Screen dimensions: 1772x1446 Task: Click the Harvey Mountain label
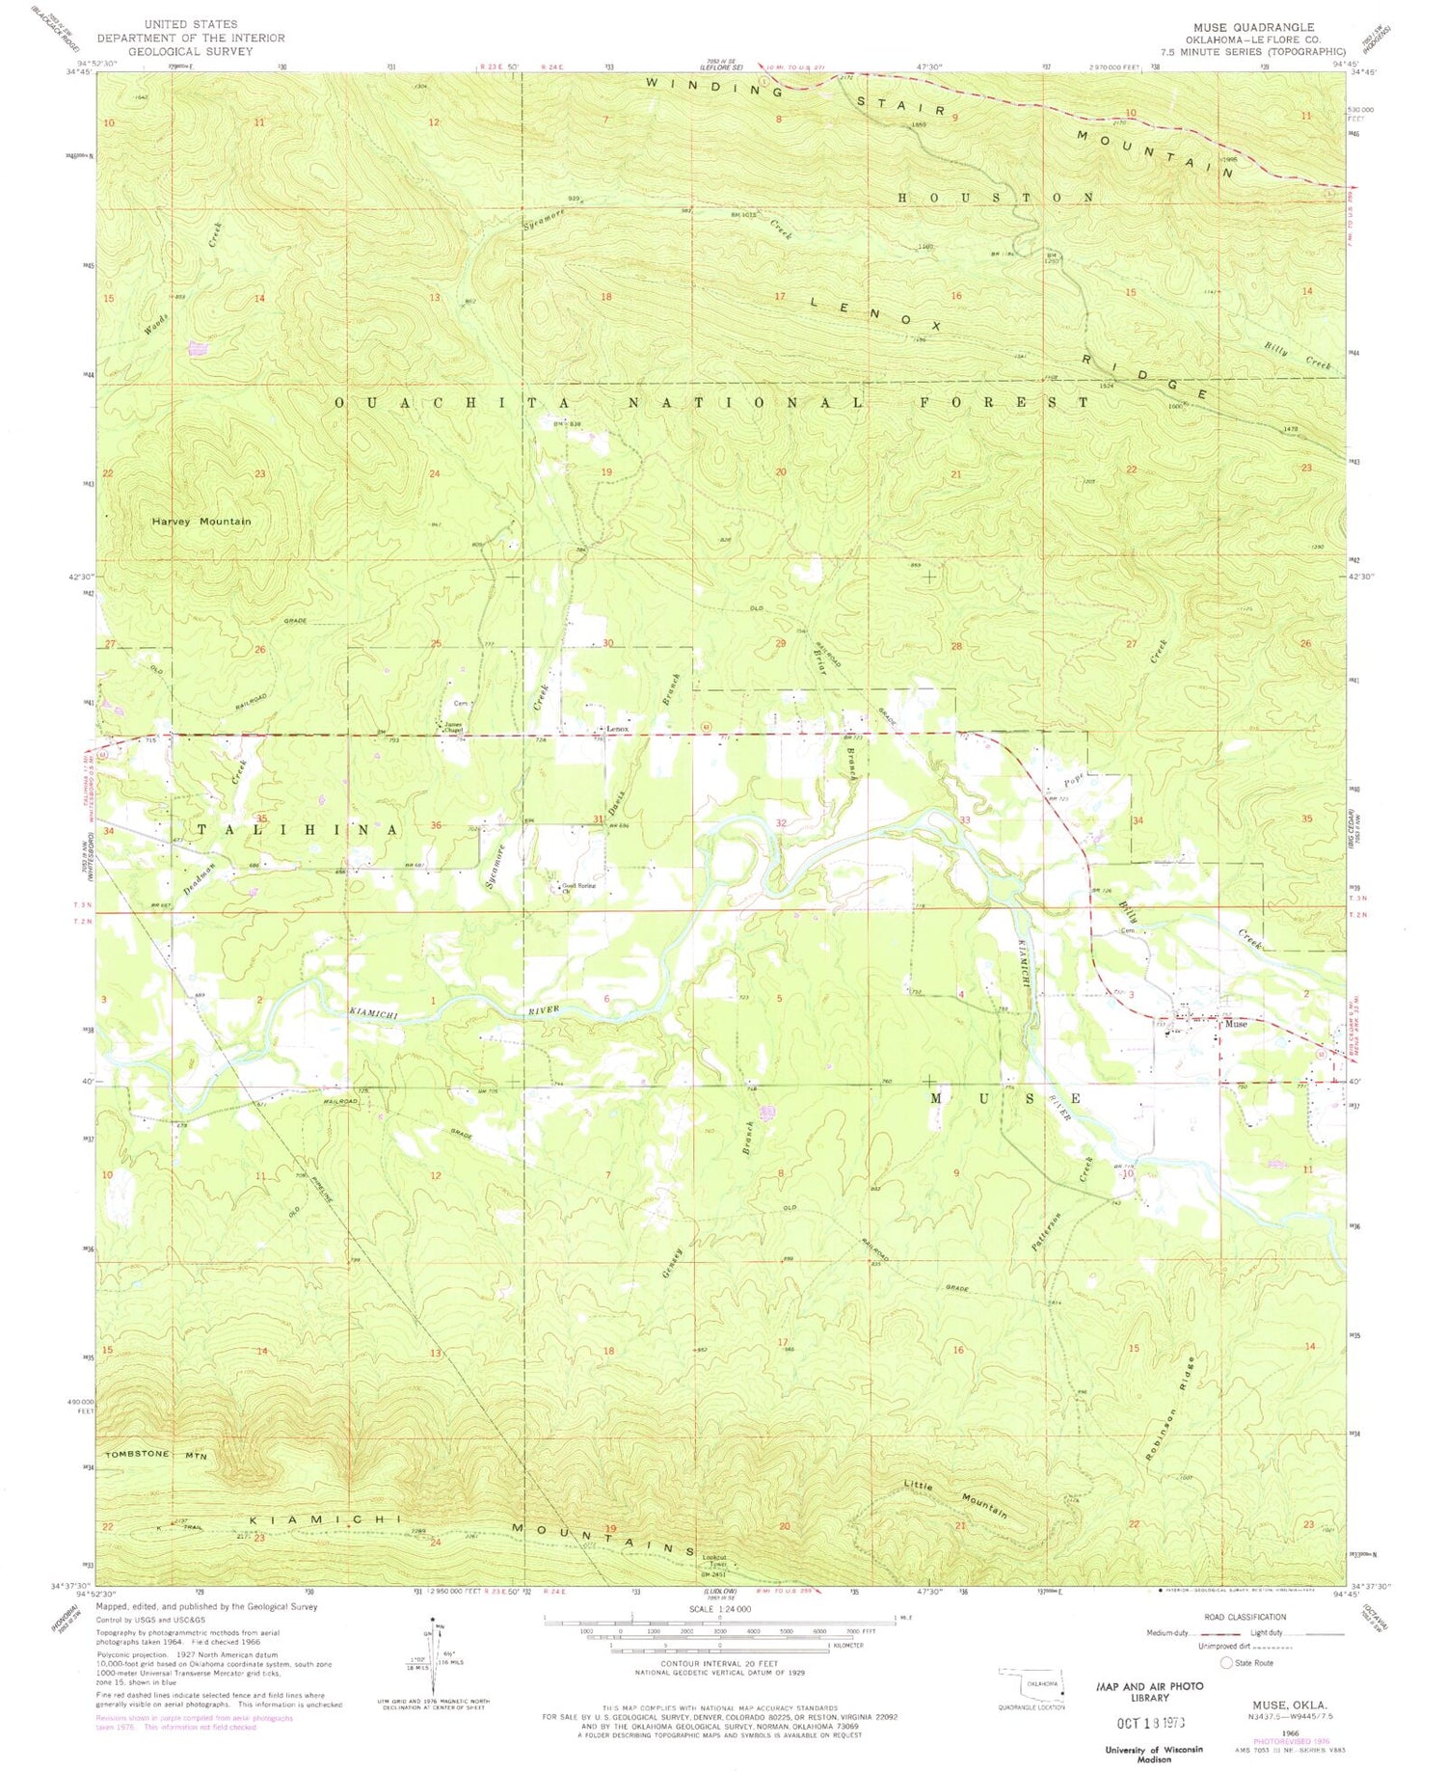click(x=201, y=522)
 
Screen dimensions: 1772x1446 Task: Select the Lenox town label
click(x=617, y=729)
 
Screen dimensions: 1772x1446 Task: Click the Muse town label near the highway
click(x=1236, y=1024)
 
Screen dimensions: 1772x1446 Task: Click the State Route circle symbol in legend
click(x=1226, y=1662)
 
